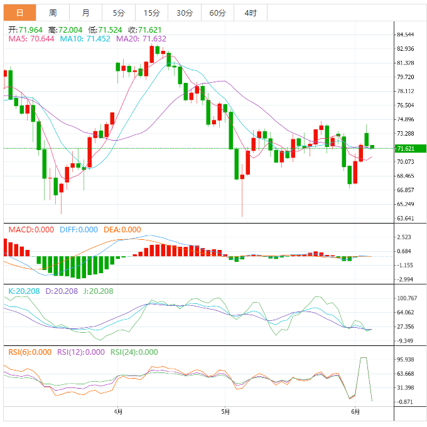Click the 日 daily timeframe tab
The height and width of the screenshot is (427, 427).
[x=19, y=13]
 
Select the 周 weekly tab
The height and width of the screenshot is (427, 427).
[x=53, y=13]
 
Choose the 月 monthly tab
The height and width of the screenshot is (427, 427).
[x=85, y=13]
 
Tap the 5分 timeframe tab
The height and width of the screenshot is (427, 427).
[x=119, y=13]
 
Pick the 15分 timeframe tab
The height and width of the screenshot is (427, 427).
[x=151, y=13]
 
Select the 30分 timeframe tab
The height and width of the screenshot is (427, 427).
[x=185, y=13]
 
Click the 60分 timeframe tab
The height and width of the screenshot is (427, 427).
[x=217, y=13]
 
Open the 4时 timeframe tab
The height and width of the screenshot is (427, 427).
[x=249, y=13]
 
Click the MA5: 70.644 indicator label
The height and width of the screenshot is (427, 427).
[x=31, y=39]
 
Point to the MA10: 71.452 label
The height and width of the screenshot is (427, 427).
[x=85, y=39]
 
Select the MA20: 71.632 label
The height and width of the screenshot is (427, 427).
[x=141, y=39]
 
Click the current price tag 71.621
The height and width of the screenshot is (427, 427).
[x=406, y=148]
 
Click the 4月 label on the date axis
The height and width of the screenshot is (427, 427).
[x=118, y=412]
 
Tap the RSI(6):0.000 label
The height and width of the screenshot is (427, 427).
[x=30, y=352]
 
